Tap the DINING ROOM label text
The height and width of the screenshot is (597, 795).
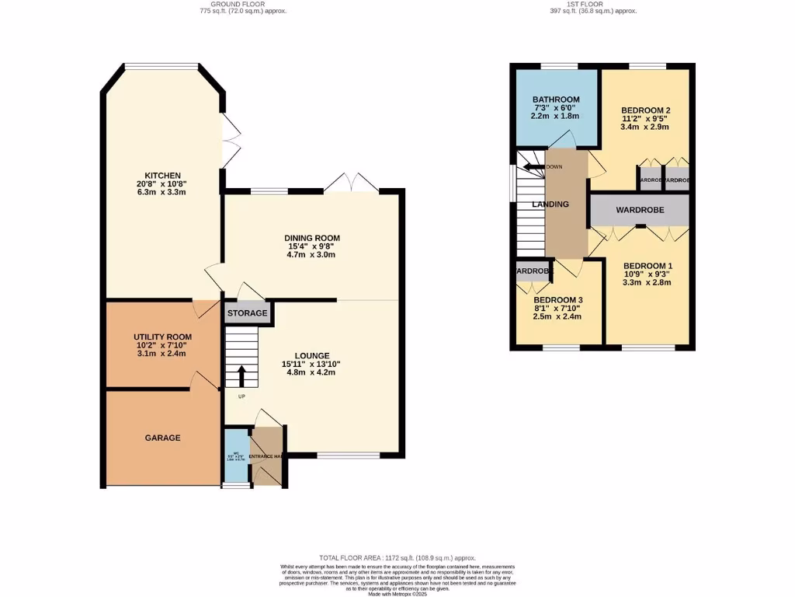(313, 238)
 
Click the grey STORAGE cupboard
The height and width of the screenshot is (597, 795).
(248, 313)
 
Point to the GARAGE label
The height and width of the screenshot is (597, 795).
(162, 438)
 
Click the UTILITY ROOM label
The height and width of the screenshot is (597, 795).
(162, 337)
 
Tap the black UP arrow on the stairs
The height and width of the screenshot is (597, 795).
(241, 376)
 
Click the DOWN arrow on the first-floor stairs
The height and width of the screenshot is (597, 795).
(533, 166)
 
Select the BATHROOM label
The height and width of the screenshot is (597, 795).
(556, 99)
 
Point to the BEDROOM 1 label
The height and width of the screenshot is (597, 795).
(647, 266)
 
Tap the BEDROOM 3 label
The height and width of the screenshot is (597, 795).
(557, 300)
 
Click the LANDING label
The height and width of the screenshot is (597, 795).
(550, 204)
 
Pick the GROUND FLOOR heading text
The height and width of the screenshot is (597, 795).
(232, 4)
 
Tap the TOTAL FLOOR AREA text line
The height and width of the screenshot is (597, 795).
(397, 558)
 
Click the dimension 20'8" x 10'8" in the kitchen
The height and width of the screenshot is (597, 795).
(162, 185)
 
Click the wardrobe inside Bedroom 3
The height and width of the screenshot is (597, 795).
(533, 271)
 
